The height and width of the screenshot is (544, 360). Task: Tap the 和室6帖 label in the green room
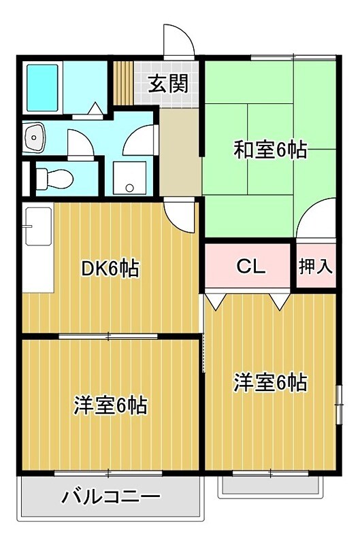pyautogui.click(x=270, y=149)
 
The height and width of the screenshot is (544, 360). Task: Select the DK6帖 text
pyautogui.click(x=110, y=269)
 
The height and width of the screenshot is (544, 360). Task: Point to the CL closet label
pyautogui.click(x=250, y=267)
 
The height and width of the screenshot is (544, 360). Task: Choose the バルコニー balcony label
pyautogui.click(x=112, y=497)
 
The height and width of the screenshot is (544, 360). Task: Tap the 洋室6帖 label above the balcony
pyautogui.click(x=110, y=406)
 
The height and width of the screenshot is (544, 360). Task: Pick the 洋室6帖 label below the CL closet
pyautogui.click(x=270, y=383)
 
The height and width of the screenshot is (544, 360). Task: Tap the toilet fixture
pyautogui.click(x=54, y=177)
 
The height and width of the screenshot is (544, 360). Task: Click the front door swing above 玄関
pyautogui.click(x=178, y=40)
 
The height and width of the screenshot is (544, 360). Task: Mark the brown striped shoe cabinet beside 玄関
pyautogui.click(x=122, y=82)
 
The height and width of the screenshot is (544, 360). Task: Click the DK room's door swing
pyautogui.click(x=180, y=216)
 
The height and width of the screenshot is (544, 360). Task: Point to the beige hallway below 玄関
pyautogui.click(x=180, y=150)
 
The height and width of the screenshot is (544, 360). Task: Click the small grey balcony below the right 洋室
pyautogui.click(x=270, y=486)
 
